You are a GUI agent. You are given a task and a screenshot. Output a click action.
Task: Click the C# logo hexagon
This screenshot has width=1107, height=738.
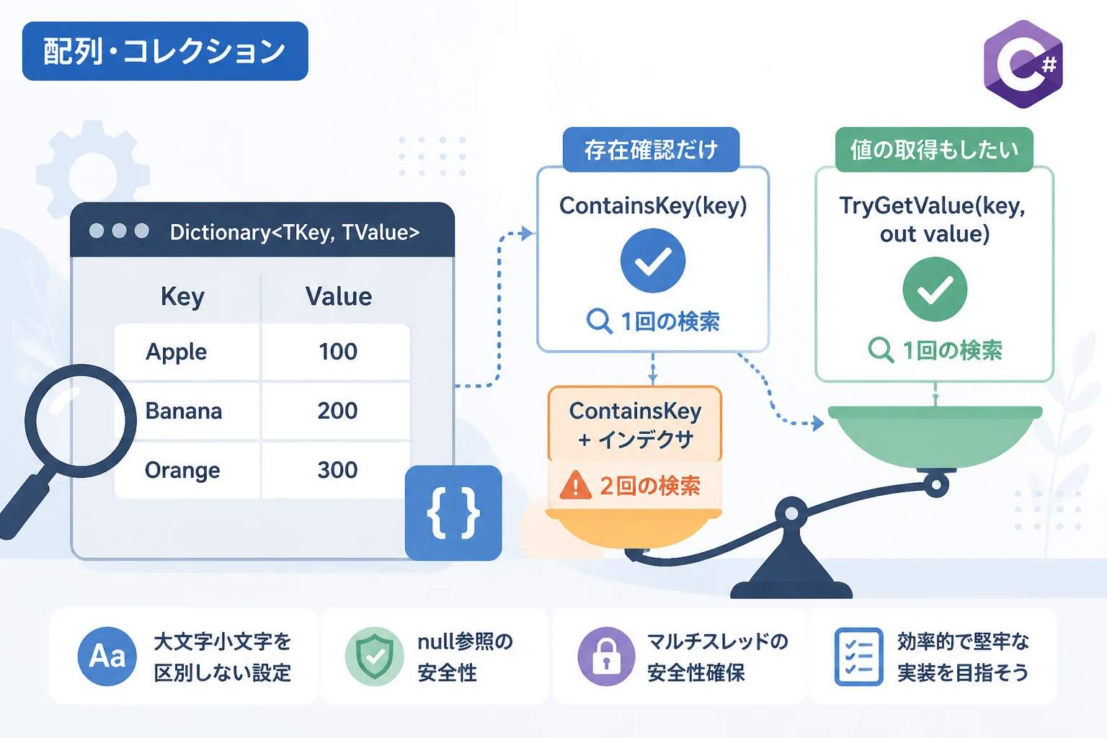(x=1023, y=64)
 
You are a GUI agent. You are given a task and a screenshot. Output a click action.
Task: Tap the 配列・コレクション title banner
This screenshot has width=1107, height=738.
(x=165, y=51)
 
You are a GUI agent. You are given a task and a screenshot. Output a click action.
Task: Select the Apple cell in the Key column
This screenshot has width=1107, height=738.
(x=176, y=352)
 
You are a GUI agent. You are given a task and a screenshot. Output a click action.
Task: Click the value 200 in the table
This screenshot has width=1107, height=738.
(x=337, y=411)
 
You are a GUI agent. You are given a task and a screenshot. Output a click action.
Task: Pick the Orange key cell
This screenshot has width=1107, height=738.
(x=182, y=470)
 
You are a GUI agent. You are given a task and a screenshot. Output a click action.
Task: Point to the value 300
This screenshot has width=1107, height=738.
(x=337, y=470)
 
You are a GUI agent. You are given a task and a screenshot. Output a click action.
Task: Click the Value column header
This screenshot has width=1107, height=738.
(x=339, y=297)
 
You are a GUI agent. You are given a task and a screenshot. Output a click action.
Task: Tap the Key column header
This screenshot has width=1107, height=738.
(x=182, y=297)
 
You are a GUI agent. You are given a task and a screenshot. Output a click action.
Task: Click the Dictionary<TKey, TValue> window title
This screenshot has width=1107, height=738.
(x=295, y=232)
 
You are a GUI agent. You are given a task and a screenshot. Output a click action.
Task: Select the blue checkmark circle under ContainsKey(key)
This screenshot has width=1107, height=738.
(x=653, y=260)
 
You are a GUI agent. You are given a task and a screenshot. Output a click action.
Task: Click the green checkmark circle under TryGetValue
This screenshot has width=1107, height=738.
(x=935, y=289)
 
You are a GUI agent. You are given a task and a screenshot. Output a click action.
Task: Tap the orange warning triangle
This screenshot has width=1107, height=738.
(x=575, y=485)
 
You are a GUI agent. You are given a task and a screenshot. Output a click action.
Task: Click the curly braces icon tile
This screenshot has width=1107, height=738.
(x=453, y=512)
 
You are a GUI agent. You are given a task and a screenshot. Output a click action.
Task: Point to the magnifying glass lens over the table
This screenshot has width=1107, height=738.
(x=81, y=421)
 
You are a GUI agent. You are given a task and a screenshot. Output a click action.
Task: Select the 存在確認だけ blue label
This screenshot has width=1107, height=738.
(x=651, y=149)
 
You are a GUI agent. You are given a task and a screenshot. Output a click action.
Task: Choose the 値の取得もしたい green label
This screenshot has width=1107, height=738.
(x=934, y=149)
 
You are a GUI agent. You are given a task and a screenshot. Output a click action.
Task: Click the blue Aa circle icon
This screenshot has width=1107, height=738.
(x=107, y=657)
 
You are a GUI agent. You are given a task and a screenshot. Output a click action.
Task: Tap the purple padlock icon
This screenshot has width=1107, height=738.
(x=606, y=657)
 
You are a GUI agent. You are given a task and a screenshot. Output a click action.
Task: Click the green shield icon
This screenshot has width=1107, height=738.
(x=374, y=657)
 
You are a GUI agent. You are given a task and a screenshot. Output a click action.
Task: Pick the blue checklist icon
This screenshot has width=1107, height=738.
(x=859, y=657)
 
